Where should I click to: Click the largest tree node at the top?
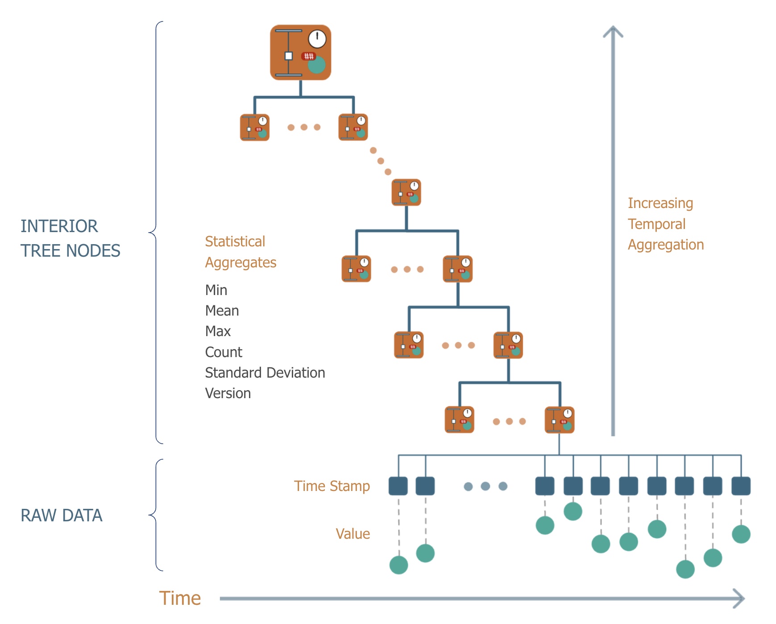click(x=300, y=53)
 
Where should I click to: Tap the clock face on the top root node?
click(x=317, y=39)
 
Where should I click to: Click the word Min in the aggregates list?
click(x=216, y=290)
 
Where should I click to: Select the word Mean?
click(x=222, y=311)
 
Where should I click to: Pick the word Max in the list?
click(x=218, y=331)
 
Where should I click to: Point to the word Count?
click(x=224, y=352)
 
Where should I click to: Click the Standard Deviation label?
click(x=265, y=373)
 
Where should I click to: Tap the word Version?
click(x=228, y=393)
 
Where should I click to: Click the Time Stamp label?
click(x=332, y=486)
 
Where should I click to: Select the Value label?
click(x=353, y=534)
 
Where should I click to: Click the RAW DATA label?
click(x=62, y=516)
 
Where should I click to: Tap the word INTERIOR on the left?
click(x=59, y=226)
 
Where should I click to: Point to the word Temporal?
click(x=656, y=224)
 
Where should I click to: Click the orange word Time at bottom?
click(x=180, y=598)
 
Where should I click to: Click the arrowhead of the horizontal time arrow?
click(x=741, y=599)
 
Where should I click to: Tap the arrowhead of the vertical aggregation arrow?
click(x=613, y=31)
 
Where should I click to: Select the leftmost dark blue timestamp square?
click(x=398, y=486)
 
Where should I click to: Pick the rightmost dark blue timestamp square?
click(x=741, y=486)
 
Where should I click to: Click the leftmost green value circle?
click(x=398, y=565)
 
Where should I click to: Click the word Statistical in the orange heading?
click(x=235, y=241)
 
